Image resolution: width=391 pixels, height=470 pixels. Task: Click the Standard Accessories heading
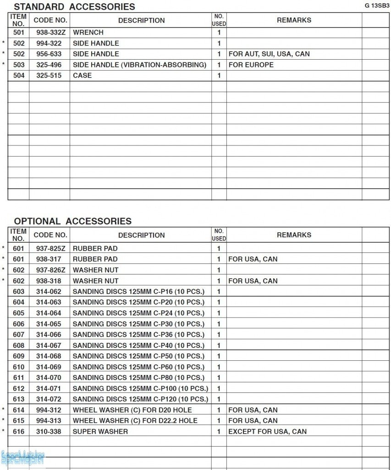[x=74, y=7]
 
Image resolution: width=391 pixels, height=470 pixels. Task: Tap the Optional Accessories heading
[x=72, y=221]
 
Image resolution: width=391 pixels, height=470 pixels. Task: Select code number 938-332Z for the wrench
[x=50, y=33]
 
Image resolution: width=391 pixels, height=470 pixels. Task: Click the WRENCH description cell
[x=88, y=33]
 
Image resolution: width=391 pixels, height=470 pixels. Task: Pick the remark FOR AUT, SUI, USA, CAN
[x=269, y=54]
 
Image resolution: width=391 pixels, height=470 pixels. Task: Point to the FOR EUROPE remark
[x=251, y=65]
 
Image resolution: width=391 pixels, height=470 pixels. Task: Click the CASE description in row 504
[x=82, y=76]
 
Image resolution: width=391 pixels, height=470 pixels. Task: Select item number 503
[x=19, y=65]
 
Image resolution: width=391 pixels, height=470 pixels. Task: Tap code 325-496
[x=49, y=65]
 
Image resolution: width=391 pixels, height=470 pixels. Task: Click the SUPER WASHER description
[x=100, y=431]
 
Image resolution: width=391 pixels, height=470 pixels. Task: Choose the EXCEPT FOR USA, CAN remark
[x=267, y=431]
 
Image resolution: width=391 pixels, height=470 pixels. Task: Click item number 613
[x=19, y=399]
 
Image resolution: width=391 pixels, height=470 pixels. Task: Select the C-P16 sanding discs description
[x=138, y=291]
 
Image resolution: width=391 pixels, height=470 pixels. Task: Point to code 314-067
[x=49, y=346]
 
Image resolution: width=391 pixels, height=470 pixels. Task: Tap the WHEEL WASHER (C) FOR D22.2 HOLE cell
[x=135, y=421]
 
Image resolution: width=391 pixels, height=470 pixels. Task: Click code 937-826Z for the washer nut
[x=50, y=270]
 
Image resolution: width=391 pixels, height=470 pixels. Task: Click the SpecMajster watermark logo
[x=23, y=458]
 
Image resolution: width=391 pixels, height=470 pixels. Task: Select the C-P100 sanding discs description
[x=140, y=389]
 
